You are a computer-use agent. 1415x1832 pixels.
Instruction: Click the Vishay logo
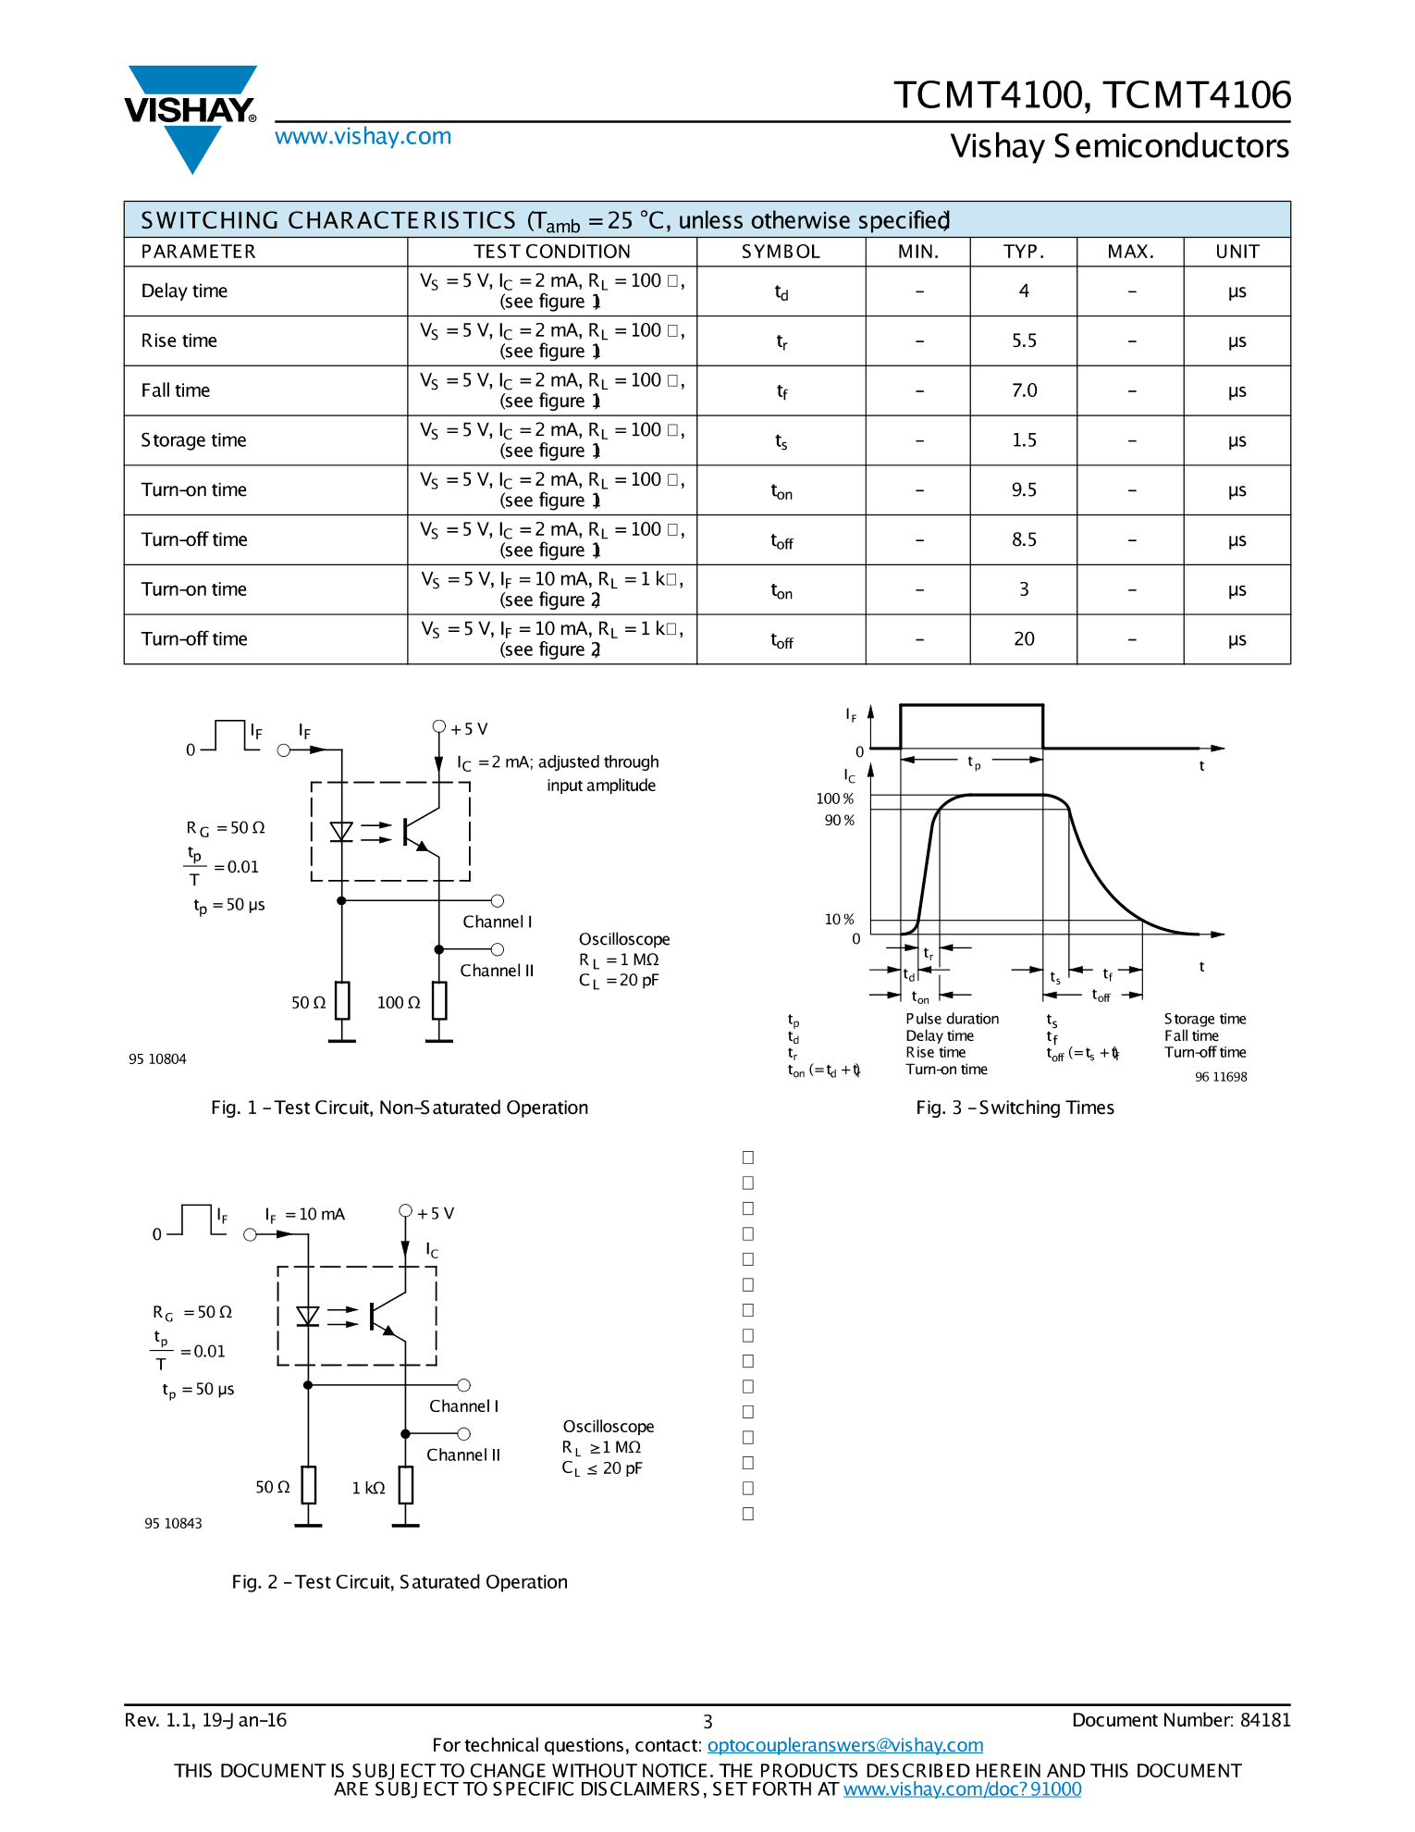point(191,116)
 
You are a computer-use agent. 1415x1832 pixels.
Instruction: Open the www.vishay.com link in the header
point(363,137)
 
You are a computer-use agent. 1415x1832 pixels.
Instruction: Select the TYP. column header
point(1024,252)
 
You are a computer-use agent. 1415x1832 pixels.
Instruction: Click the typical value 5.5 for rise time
point(1024,341)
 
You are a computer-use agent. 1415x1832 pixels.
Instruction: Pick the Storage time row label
point(193,440)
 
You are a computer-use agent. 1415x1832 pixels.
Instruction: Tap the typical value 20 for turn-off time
point(1024,639)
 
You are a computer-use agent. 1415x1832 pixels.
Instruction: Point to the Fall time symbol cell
point(781,391)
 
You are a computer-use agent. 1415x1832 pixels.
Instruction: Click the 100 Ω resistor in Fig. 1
point(439,1001)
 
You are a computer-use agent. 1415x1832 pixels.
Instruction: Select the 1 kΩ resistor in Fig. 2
point(406,1485)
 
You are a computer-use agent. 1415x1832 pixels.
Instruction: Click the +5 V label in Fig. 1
point(468,729)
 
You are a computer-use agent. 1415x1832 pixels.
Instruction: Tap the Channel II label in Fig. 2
point(463,1455)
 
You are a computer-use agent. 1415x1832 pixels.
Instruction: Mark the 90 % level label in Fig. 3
point(839,821)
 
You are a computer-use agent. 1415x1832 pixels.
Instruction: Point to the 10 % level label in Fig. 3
point(839,920)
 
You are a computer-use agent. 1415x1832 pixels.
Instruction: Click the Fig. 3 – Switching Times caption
point(1015,1108)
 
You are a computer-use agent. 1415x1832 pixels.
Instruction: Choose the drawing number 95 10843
point(173,1524)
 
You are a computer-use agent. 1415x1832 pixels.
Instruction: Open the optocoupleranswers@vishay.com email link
point(844,1746)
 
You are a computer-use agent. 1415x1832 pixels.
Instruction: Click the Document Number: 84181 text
point(1180,1720)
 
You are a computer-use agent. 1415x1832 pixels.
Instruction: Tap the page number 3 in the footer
point(707,1722)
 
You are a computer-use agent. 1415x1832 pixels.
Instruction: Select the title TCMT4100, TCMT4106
point(1091,95)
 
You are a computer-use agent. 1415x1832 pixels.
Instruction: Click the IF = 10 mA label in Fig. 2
point(305,1215)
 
